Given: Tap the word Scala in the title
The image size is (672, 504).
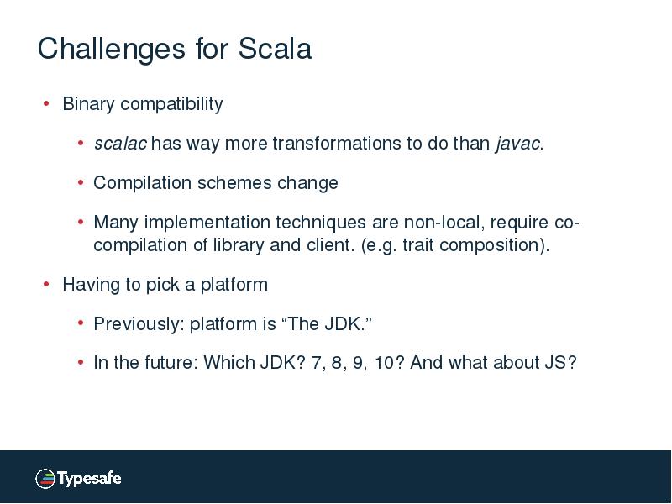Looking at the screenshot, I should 275,49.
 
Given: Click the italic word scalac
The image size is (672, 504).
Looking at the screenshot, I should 120,144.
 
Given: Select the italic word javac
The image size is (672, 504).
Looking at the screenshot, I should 517,144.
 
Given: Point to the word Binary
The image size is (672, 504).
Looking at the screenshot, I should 88,104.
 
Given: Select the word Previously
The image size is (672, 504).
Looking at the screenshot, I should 137,324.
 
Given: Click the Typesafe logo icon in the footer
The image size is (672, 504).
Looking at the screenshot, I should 45,479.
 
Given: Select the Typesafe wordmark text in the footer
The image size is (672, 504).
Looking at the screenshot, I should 89,479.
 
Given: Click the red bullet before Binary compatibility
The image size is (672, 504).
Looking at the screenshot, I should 46,104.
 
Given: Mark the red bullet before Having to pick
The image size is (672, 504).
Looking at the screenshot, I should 46,285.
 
